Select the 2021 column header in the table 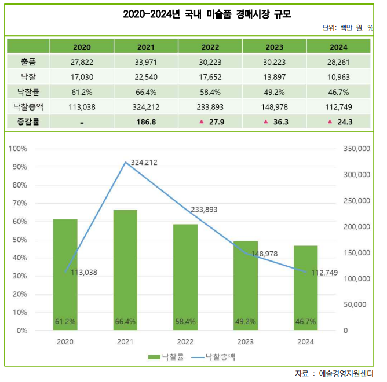point(146,47)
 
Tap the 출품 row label point(27,61)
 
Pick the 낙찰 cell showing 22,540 point(146,76)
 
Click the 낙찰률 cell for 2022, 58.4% point(210,91)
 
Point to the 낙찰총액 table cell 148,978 point(274,106)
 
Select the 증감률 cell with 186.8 point(146,122)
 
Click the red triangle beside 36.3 point(265,122)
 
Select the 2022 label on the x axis point(185,342)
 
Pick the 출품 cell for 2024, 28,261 point(338,61)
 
